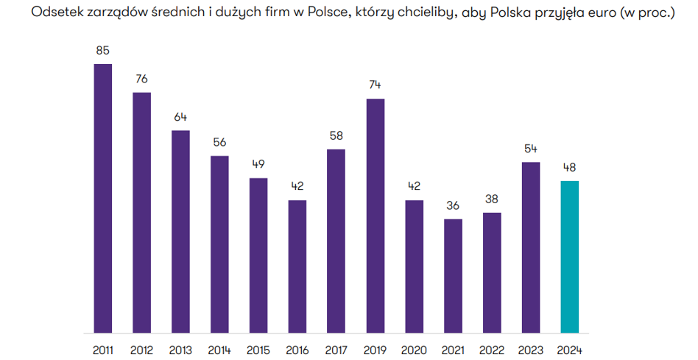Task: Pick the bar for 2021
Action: point(454,275)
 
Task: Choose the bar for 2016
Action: point(297,266)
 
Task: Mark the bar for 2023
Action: point(531,247)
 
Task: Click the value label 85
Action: point(103,51)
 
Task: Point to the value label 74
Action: point(376,85)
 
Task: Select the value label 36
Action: point(454,205)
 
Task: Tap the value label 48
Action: point(570,168)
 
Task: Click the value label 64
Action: point(181,117)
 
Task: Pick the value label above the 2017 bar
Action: point(336,136)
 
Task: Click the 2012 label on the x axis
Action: point(142,350)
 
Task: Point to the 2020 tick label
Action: point(415,350)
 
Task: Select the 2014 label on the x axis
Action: point(219,350)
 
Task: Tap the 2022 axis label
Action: point(492,350)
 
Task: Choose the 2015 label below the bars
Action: point(258,350)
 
